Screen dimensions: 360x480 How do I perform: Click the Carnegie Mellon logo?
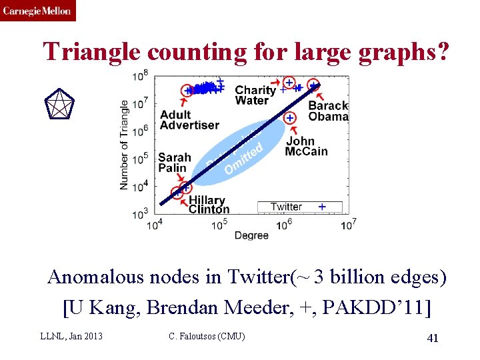(x=38, y=11)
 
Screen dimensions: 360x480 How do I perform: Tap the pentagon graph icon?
(x=59, y=105)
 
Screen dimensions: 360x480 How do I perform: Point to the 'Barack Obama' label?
(x=328, y=111)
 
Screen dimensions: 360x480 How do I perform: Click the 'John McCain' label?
(x=306, y=146)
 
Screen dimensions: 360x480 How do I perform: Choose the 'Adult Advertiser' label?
(x=189, y=120)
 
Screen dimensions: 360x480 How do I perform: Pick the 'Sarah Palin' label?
(x=174, y=163)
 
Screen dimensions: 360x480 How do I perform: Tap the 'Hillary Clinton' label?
(x=208, y=205)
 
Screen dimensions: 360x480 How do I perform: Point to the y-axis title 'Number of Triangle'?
(x=125, y=145)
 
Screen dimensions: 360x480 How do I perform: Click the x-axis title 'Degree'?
(x=252, y=235)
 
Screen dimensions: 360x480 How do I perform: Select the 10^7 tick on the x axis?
(x=348, y=225)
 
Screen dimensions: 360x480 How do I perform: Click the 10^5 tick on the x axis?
(x=219, y=225)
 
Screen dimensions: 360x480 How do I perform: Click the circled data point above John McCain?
(x=290, y=118)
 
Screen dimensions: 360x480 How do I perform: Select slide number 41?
(x=432, y=338)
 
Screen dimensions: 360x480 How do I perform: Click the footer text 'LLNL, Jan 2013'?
(x=71, y=336)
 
